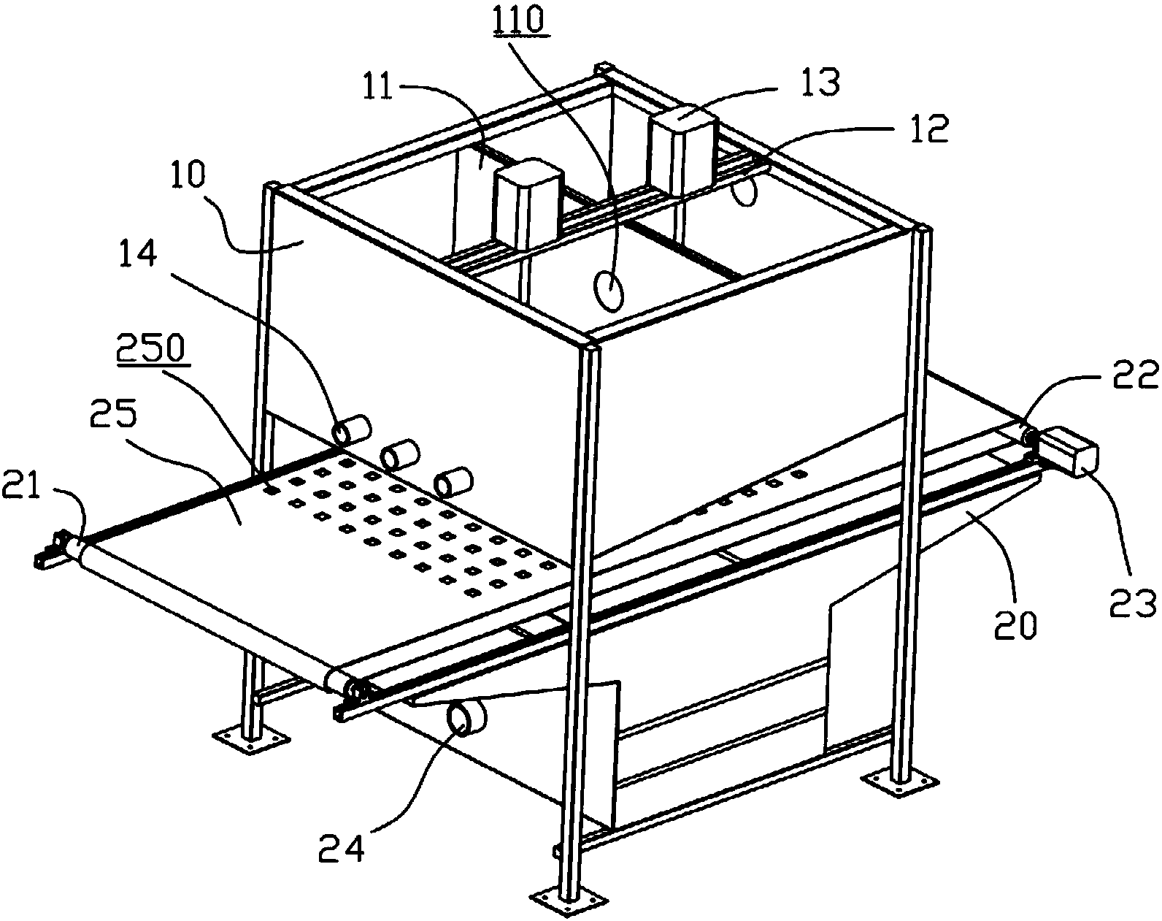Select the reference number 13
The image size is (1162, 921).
(820, 82)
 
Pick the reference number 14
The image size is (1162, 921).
(137, 252)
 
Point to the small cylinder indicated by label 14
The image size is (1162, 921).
(352, 431)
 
